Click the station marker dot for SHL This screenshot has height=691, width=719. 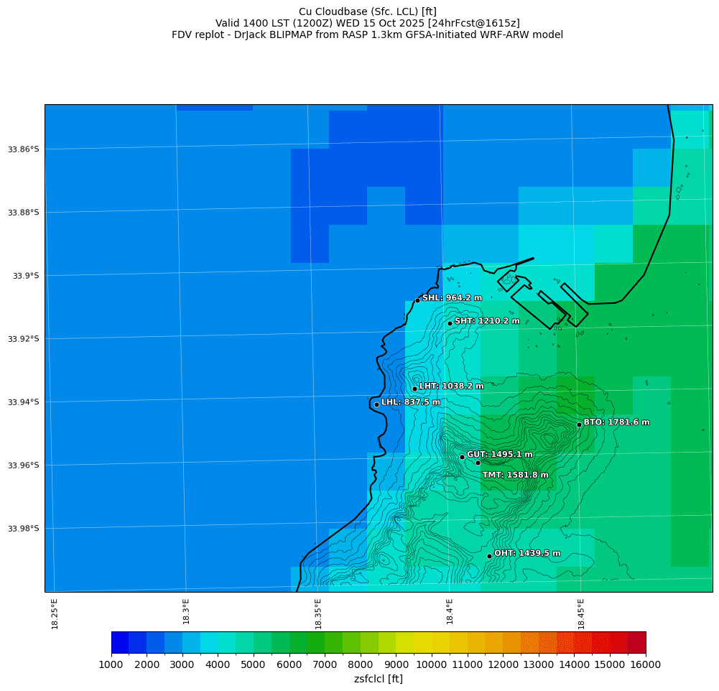pyautogui.click(x=417, y=300)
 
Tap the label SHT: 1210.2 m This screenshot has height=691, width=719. pyautogui.click(x=487, y=321)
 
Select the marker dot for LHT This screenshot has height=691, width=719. pyautogui.click(x=414, y=389)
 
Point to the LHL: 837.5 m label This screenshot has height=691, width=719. pyautogui.click(x=410, y=402)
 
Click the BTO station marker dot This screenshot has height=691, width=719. pyautogui.click(x=579, y=425)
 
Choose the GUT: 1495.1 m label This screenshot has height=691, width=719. pyautogui.click(x=499, y=455)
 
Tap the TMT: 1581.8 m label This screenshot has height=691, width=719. pyautogui.click(x=515, y=475)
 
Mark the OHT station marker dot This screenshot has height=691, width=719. pyautogui.click(x=489, y=556)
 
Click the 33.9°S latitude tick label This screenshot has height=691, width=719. pyautogui.click(x=24, y=276)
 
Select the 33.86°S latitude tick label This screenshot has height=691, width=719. pyautogui.click(x=22, y=149)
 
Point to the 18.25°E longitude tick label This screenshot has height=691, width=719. pyautogui.click(x=55, y=613)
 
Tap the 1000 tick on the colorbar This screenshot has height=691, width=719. pyautogui.click(x=111, y=664)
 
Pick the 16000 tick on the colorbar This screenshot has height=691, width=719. pyautogui.click(x=645, y=664)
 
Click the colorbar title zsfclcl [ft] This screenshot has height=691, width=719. pyautogui.click(x=378, y=679)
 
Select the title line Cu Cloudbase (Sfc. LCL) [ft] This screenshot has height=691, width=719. pyautogui.click(x=367, y=11)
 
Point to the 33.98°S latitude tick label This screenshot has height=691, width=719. pyautogui.click(x=22, y=529)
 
